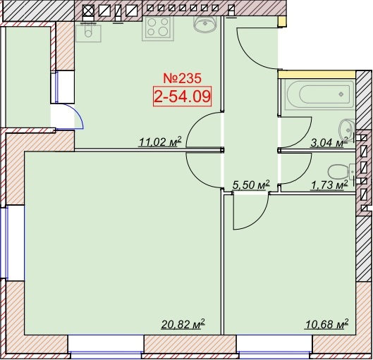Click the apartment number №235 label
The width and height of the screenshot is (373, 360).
point(182,78)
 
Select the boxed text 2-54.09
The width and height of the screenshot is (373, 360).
point(182,97)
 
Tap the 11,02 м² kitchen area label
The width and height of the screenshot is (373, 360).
point(160,142)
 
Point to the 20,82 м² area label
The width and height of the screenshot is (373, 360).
point(183,324)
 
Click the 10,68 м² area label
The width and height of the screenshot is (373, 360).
point(326,324)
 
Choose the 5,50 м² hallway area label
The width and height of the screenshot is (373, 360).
point(251,185)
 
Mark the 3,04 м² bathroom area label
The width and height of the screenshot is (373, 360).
point(329,143)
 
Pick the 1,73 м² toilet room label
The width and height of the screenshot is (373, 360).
point(330,185)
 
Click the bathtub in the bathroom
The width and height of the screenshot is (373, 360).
point(319,95)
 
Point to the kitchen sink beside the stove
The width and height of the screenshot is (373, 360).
point(205,24)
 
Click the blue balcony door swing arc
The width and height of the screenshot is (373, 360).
point(80,114)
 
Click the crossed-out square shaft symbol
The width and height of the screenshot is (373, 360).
point(88,11)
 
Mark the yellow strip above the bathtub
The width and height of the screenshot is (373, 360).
point(317,75)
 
